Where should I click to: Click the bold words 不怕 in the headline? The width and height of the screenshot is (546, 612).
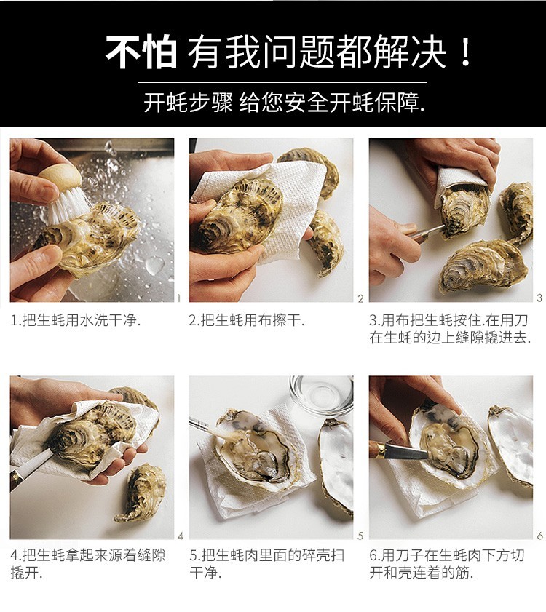point(141,52)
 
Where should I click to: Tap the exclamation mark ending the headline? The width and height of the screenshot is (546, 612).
point(467,52)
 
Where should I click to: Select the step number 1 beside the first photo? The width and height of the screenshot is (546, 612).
point(179,298)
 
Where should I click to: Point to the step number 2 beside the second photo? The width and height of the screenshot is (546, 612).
point(360,298)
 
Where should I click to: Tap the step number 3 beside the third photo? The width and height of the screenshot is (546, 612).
point(539,298)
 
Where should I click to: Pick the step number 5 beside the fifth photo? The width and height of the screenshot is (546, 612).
point(360,536)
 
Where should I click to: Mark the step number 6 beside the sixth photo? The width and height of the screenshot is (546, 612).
point(539,536)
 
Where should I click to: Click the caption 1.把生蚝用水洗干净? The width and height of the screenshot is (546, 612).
point(76,320)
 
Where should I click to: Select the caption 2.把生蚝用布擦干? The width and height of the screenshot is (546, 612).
point(247,320)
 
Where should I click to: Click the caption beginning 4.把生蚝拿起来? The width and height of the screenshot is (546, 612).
point(87,563)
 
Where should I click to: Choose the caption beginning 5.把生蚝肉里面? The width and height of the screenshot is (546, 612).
point(266,563)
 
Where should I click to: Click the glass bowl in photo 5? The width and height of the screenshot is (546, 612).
point(320,394)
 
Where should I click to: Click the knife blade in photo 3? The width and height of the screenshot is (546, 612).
point(430,231)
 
